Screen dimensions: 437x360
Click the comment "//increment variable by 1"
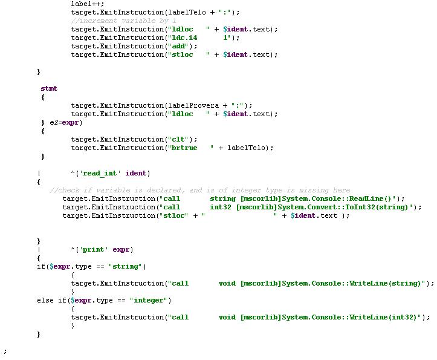[123, 21]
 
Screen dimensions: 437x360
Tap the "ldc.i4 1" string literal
[199, 38]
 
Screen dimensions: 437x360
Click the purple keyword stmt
[49, 88]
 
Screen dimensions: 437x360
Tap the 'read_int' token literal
[100, 173]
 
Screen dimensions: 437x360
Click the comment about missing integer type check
[200, 190]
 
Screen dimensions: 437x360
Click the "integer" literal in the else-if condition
[151, 300]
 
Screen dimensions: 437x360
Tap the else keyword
[45, 300]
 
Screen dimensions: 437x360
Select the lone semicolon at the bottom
[5, 351]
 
